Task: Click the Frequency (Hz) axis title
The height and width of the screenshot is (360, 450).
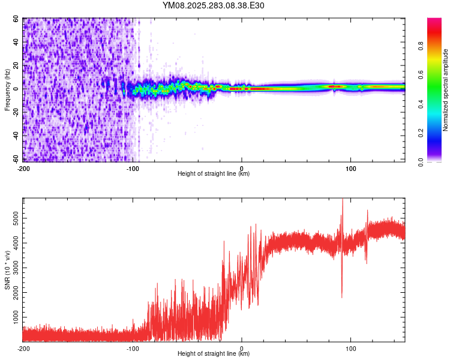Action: tap(7, 89)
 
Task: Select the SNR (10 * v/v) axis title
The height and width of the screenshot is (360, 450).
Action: tap(7, 269)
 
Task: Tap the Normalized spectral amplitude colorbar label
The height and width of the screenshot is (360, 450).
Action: tap(445, 90)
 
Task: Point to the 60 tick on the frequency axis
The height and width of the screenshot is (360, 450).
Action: tap(16, 19)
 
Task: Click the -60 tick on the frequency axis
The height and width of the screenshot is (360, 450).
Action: tap(14, 160)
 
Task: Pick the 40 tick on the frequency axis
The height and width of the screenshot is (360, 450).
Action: tap(16, 42)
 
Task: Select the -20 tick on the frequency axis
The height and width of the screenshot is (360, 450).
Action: tap(14, 113)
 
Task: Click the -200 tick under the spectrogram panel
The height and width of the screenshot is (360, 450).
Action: tap(23, 168)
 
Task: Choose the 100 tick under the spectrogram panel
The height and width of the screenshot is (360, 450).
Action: tap(352, 168)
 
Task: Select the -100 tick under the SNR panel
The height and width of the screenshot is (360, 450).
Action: tap(133, 348)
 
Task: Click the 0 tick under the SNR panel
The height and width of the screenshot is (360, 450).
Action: tap(242, 348)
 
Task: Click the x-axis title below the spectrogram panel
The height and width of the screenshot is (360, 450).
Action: tap(214, 174)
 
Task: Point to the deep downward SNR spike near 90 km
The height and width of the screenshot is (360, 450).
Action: tap(342, 295)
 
